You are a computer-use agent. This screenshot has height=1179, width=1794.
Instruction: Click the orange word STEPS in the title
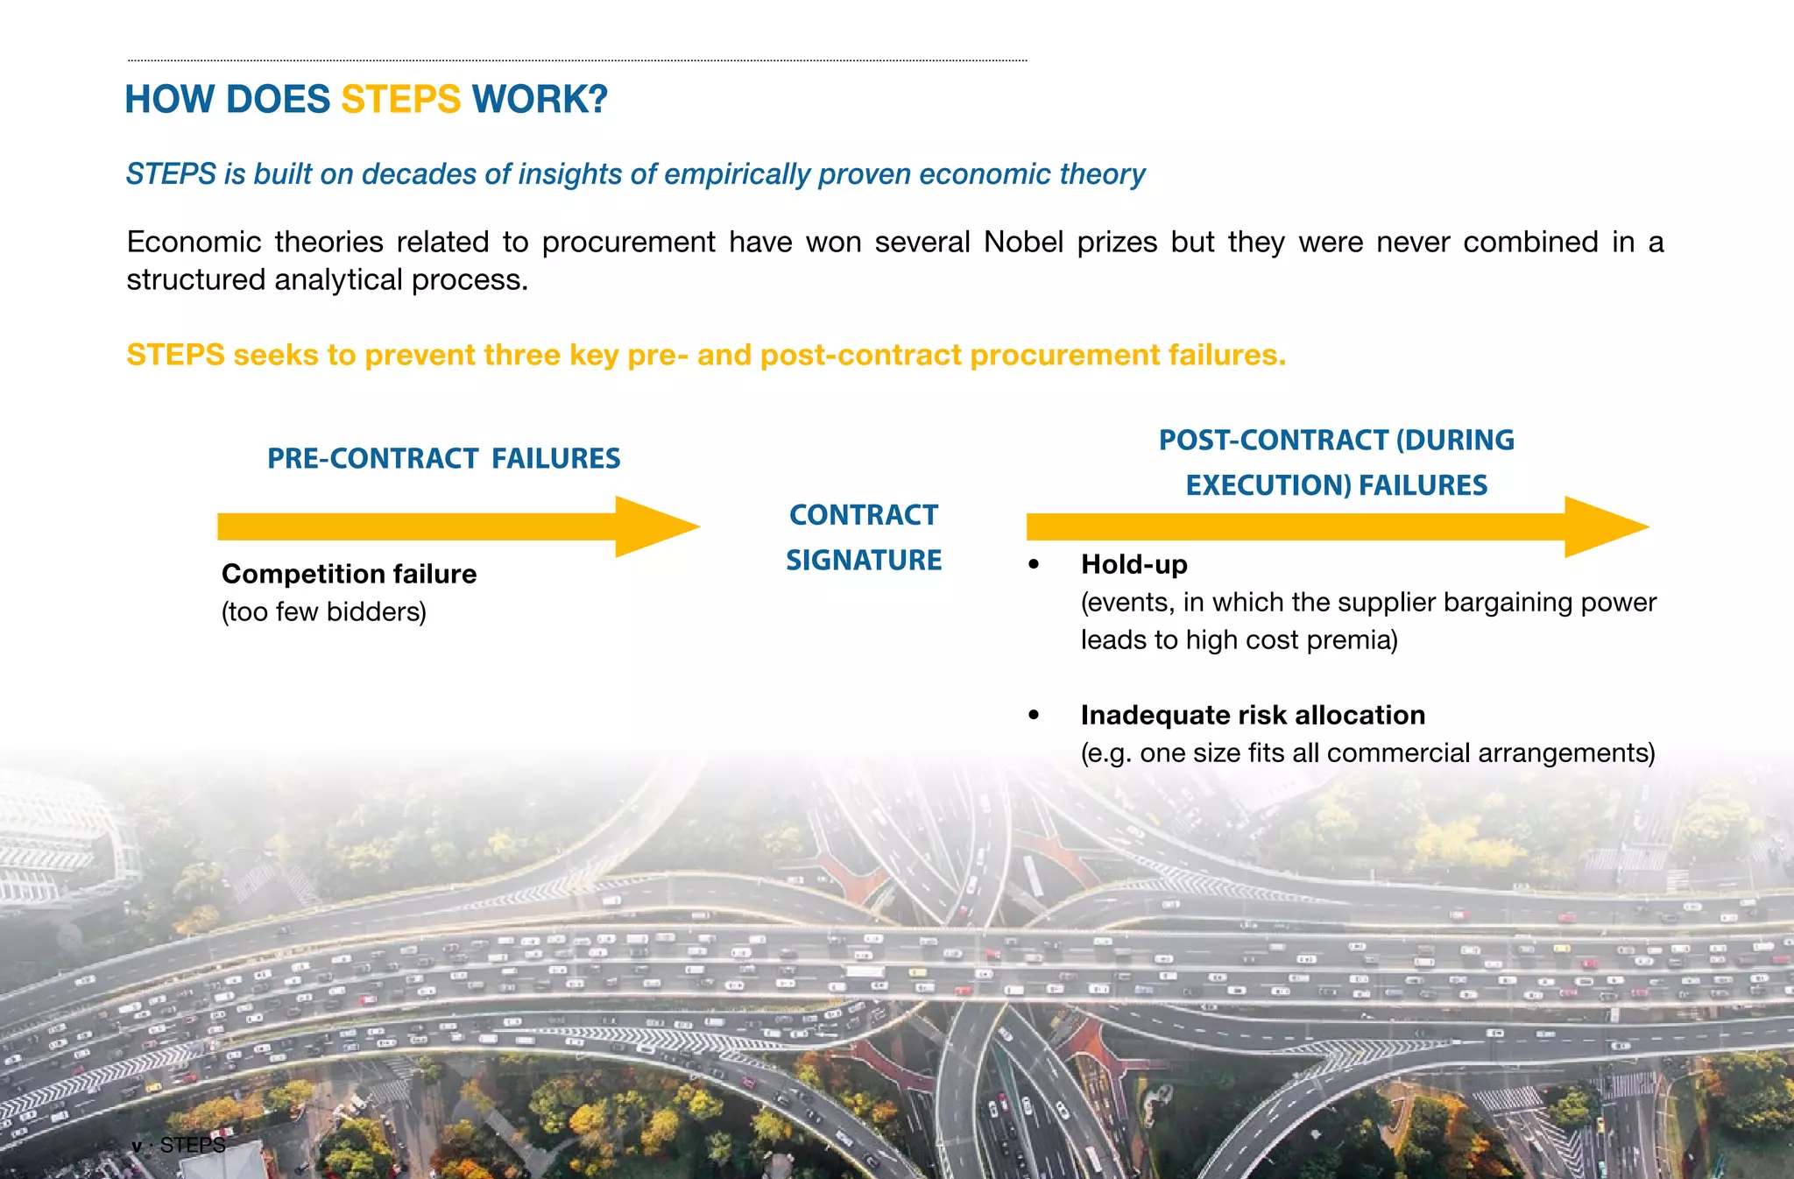(400, 99)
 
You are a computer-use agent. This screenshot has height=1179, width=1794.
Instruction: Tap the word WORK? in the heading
(540, 99)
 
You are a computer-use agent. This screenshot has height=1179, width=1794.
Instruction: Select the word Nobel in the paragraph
(1022, 242)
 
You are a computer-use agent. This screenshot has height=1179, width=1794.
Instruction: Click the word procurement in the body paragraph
(628, 242)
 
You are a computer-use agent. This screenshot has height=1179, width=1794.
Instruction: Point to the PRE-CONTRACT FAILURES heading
(443, 458)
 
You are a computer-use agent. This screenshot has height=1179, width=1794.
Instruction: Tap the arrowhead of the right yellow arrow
(1605, 526)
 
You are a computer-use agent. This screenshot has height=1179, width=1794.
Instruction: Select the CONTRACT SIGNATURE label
(864, 537)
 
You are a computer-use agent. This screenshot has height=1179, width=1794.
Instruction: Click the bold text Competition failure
(349, 574)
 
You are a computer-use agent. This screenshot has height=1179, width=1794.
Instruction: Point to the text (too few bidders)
(323, 611)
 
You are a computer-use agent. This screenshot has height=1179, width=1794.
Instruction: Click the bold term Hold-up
(1134, 564)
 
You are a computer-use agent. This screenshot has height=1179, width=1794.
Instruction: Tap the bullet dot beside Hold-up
(1035, 565)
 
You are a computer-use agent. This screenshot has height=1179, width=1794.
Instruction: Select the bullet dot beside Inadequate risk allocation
(1035, 716)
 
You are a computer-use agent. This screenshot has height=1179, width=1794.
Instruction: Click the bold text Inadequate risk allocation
(1253, 715)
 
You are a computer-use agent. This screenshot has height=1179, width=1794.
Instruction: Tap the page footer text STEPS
(193, 1145)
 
